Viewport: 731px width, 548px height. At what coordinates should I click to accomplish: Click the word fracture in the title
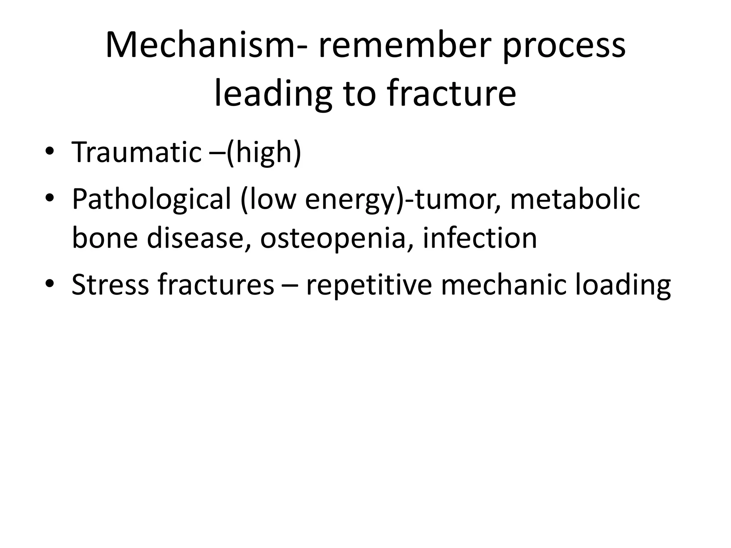tap(451, 94)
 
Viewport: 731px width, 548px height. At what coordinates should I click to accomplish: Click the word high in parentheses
tap(264, 152)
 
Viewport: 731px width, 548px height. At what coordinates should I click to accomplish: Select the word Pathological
tap(151, 199)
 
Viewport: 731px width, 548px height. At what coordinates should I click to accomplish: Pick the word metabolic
tap(575, 199)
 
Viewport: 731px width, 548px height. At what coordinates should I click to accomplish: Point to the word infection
tap(480, 238)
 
